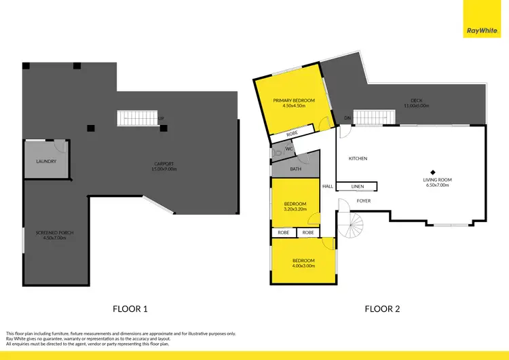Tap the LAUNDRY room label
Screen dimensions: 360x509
(45, 161)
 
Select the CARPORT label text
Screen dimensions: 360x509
(165, 163)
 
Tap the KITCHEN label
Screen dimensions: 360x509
(358, 158)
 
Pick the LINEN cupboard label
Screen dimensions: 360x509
(358, 186)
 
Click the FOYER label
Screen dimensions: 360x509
(363, 200)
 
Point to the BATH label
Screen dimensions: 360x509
(295, 169)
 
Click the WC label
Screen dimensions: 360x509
(288, 149)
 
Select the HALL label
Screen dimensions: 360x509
(328, 186)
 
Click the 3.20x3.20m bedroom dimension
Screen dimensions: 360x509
(295, 209)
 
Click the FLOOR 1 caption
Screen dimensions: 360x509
(130, 308)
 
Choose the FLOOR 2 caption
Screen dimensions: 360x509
(382, 308)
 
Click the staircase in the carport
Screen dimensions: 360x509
(138, 118)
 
